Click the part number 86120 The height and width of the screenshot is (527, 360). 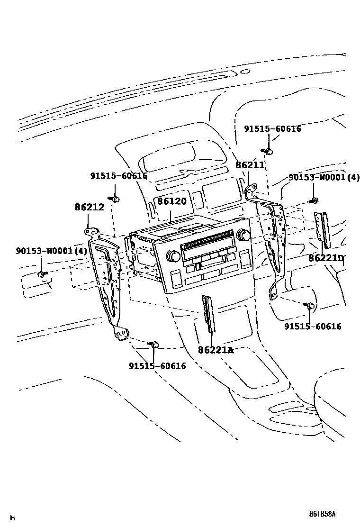172,201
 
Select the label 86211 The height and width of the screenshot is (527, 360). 250,165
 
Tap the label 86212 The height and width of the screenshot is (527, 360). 89,207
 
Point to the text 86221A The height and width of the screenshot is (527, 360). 216,350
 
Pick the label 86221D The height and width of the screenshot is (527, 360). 326,258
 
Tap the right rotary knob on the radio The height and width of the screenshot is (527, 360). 244,235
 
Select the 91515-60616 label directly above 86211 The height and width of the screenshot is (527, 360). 272,129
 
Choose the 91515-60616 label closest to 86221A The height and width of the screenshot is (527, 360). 157,366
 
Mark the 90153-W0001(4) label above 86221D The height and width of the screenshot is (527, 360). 324,178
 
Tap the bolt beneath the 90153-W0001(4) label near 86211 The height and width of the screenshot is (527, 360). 314,201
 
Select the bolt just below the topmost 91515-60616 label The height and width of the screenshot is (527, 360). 268,151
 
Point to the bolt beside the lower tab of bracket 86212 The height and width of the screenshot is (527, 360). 153,345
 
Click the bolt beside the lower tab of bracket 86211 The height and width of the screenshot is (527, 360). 311,306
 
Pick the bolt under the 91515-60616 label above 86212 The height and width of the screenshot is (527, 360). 114,198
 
